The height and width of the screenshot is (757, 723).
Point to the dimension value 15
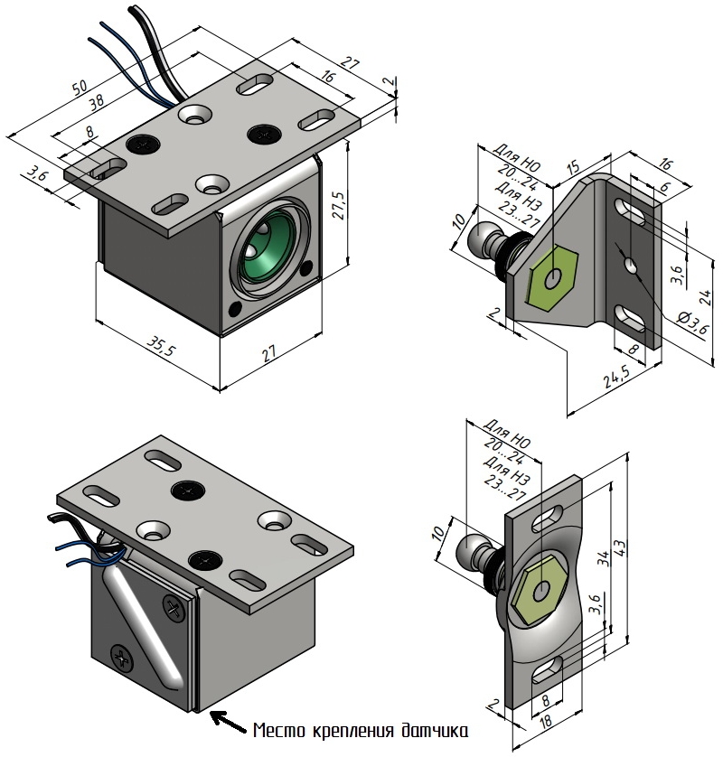click(x=572, y=168)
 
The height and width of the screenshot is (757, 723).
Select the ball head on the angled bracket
click(x=486, y=238)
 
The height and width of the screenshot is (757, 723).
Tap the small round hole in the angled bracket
click(x=629, y=264)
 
